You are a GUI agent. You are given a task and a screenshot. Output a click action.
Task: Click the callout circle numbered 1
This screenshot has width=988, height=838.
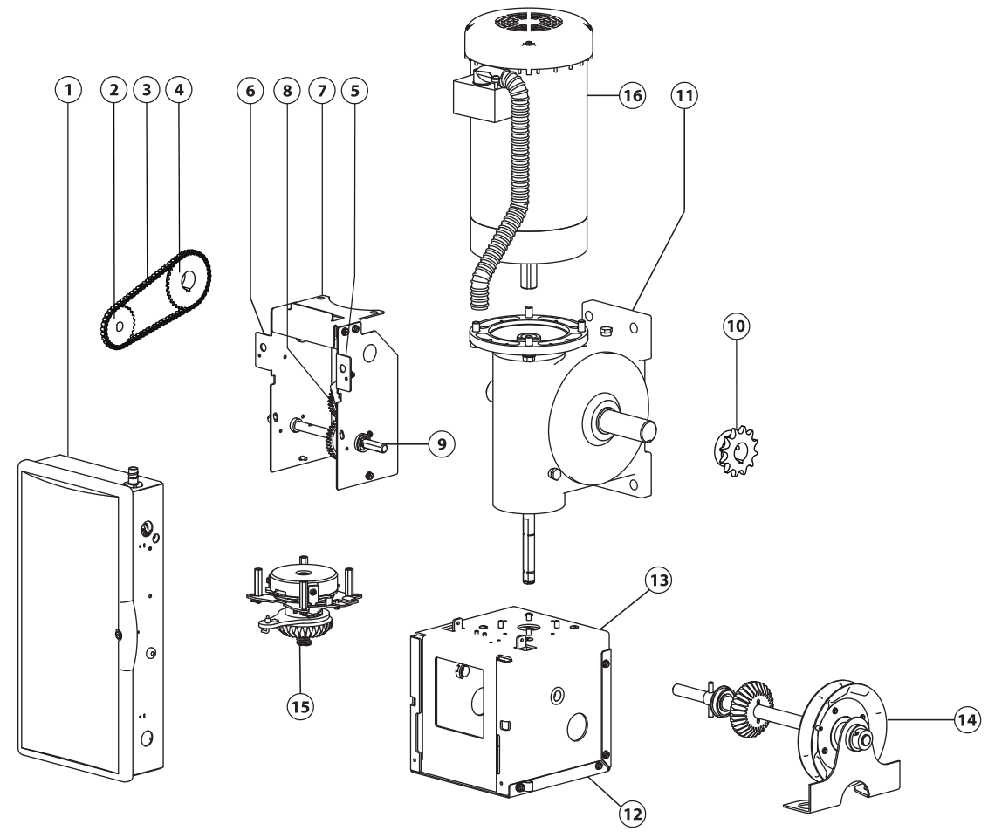(x=71, y=90)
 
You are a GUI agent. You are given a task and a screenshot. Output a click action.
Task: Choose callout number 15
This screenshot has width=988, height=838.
(x=300, y=704)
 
